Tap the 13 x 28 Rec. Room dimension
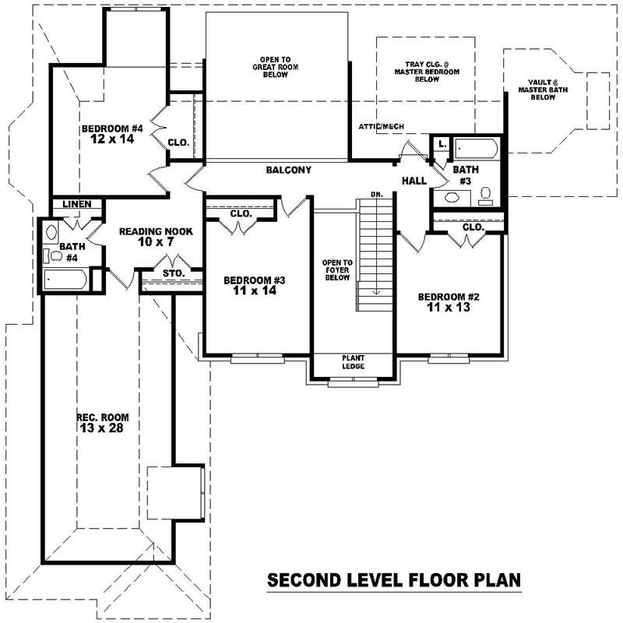(97, 428)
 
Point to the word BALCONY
(288, 170)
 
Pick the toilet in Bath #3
(486, 193)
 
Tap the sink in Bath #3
(451, 197)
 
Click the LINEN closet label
(77, 204)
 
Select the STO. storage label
(173, 273)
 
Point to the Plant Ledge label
(354, 362)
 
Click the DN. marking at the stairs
(376, 193)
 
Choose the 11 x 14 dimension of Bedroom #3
(251, 291)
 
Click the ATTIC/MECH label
(381, 126)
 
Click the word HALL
(413, 181)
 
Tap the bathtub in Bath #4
(65, 279)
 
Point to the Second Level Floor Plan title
(393, 580)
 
